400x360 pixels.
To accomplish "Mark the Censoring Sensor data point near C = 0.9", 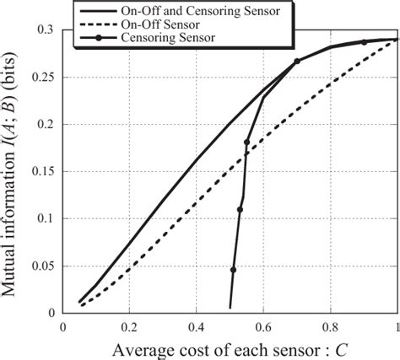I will tap(364, 42).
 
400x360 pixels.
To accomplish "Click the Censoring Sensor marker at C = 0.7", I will tap(297, 62).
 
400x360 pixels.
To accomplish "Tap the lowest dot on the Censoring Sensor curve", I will tap(233, 270).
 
